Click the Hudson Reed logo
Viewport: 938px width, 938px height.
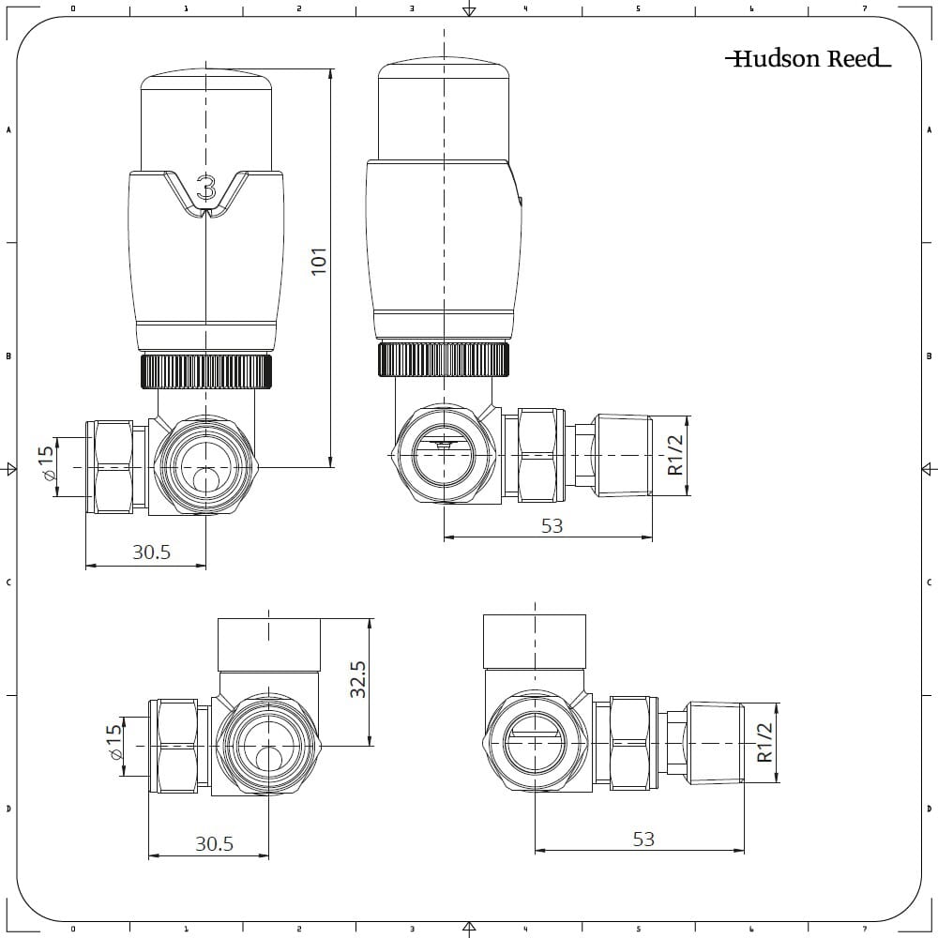pos(808,59)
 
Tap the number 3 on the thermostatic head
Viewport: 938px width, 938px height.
pos(206,188)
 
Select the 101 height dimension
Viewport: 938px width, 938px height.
pos(319,260)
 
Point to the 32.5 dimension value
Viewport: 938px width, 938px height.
pos(357,678)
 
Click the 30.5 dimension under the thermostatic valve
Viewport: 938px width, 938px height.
pos(151,552)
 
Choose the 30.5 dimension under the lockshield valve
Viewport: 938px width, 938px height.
pos(214,843)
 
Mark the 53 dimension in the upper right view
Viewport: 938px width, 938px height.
pos(552,526)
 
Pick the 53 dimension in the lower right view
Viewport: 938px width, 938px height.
pos(643,839)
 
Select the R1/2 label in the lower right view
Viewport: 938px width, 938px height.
pos(765,742)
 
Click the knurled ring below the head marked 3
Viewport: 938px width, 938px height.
pos(206,371)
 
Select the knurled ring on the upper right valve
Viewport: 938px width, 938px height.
pos(444,360)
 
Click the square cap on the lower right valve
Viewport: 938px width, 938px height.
pos(534,641)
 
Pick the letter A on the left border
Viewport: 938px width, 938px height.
pos(8,130)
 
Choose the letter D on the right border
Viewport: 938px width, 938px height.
pos(929,809)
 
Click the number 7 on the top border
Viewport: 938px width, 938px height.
pos(864,8)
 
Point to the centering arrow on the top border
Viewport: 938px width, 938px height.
pos(470,10)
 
